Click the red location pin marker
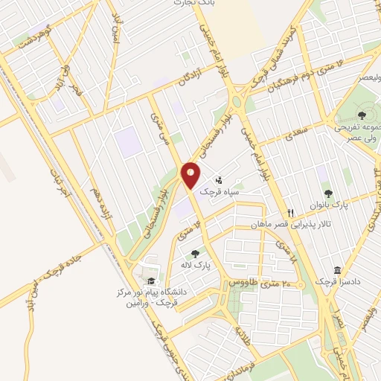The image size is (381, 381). point(190,176)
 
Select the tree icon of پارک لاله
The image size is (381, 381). point(196,254)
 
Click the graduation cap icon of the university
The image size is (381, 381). point(151,281)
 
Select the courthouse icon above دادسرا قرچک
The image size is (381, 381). point(338,269)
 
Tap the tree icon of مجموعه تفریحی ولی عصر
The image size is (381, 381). point(361,115)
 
